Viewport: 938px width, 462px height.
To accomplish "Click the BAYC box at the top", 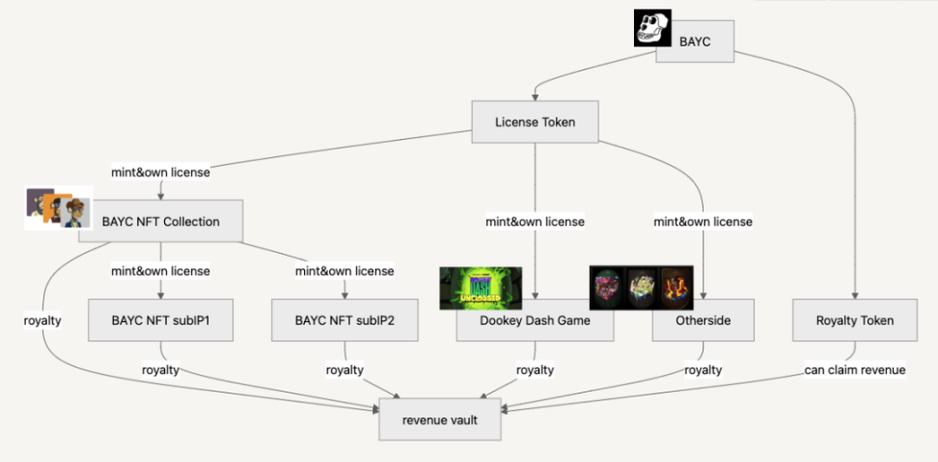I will (696, 41).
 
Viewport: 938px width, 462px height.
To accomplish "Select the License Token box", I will (535, 122).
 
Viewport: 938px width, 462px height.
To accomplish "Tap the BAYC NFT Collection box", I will (160, 222).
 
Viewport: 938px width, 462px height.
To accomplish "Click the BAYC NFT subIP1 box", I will (160, 320).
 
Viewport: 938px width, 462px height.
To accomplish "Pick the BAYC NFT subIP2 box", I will (345, 320).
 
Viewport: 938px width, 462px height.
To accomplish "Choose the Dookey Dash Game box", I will (535, 320).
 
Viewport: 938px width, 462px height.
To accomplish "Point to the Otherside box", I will (703, 320).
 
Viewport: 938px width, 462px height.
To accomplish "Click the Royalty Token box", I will (855, 320).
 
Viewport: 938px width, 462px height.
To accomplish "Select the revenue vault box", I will (439, 420).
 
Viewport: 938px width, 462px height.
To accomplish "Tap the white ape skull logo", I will (652, 27).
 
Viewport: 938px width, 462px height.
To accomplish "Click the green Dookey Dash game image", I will (481, 287).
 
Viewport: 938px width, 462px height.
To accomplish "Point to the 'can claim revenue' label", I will (855, 369).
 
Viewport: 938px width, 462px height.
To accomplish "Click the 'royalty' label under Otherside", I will (703, 369).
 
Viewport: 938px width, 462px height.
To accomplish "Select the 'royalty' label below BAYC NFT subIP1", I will (160, 369).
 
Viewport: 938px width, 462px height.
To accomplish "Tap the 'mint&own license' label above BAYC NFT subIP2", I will (345, 271).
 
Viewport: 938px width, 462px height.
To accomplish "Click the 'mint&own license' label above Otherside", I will (703, 222).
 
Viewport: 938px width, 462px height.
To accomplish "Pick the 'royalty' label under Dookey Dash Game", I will (535, 369).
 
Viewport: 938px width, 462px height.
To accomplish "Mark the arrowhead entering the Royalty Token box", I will (855, 295).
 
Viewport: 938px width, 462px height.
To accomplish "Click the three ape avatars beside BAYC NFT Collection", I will (58, 208).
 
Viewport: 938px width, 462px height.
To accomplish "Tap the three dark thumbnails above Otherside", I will (642, 287).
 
